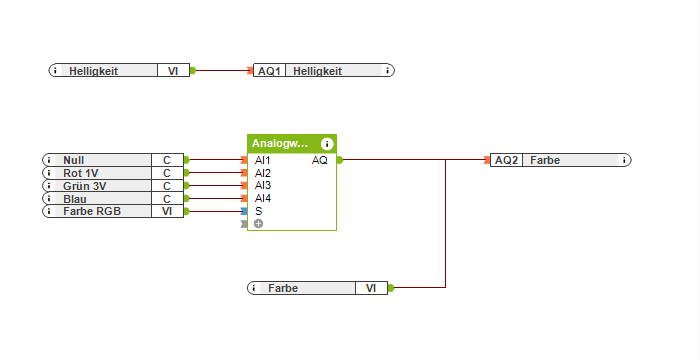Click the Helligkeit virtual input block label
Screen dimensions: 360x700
pyautogui.click(x=94, y=71)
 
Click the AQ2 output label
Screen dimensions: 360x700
pyautogui.click(x=507, y=160)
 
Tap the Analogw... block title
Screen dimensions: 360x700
pyautogui.click(x=280, y=144)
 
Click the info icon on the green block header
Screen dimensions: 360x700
pyautogui.click(x=327, y=144)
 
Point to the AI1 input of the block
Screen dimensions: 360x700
pyautogui.click(x=262, y=160)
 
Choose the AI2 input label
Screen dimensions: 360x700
pyautogui.click(x=262, y=173)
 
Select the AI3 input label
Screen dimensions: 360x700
pyautogui.click(x=262, y=185)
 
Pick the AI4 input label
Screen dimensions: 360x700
pyautogui.click(x=262, y=198)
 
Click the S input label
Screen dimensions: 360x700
pyautogui.click(x=258, y=211)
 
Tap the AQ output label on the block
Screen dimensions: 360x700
pyautogui.click(x=319, y=160)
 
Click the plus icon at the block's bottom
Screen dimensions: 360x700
pyautogui.click(x=258, y=224)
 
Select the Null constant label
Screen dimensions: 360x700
pyautogui.click(x=74, y=160)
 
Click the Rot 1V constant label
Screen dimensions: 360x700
pyautogui.click(x=81, y=173)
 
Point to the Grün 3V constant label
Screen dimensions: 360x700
pyautogui.click(x=84, y=186)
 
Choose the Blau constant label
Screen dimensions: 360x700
pyautogui.click(x=74, y=199)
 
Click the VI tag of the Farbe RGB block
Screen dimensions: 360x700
pyautogui.click(x=167, y=211)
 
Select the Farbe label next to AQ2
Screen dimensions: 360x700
pyautogui.click(x=545, y=160)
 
